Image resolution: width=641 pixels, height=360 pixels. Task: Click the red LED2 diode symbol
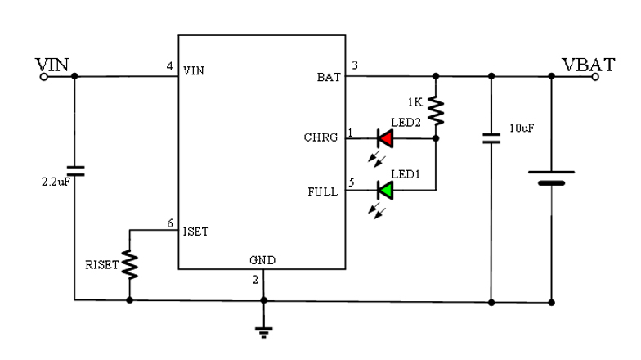click(384, 139)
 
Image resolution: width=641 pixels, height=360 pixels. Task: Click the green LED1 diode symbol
click(384, 191)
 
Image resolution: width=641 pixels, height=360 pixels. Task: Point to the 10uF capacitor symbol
click(491, 137)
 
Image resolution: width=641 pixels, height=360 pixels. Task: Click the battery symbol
click(551, 178)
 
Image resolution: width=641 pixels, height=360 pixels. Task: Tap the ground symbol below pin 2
click(263, 329)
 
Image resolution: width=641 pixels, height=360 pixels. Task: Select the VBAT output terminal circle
click(596, 77)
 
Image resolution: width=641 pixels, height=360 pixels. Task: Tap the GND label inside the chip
click(262, 260)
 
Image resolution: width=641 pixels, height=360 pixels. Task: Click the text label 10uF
click(522, 129)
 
